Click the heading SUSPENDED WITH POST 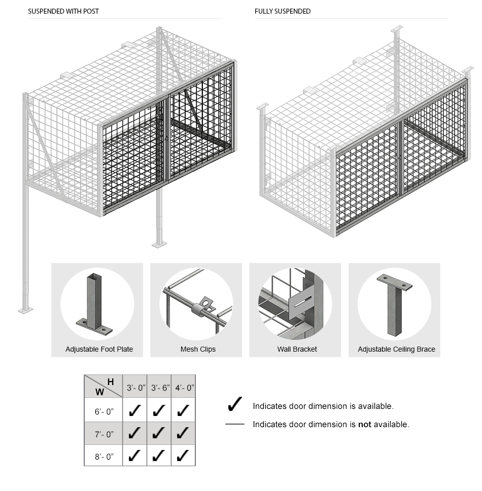(x=63, y=11)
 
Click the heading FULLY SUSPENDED (x=283, y=11)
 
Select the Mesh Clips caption (x=198, y=349)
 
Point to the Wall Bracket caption (x=297, y=349)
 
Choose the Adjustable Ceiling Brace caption (x=396, y=349)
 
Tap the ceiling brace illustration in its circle (x=394, y=304)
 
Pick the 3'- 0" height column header (x=136, y=388)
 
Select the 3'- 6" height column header (x=159, y=388)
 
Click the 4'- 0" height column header (x=183, y=388)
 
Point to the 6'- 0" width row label (x=104, y=411)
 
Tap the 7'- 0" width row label (x=104, y=434)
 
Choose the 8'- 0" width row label (x=104, y=456)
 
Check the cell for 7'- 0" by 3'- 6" (x=159, y=433)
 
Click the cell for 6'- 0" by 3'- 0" (x=135, y=410)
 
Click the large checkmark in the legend (x=234, y=404)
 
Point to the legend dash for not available (x=234, y=424)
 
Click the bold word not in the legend (x=364, y=425)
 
